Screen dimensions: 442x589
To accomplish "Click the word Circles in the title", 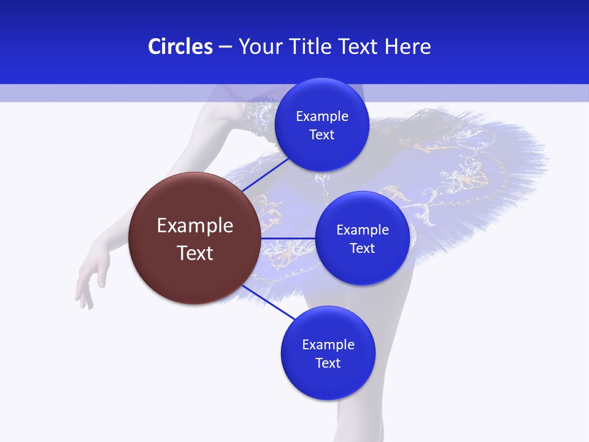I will [180, 47].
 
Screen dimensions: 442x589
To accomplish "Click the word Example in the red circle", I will [195, 226].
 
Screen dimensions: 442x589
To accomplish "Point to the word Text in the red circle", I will [195, 253].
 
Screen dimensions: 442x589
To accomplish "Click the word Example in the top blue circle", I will [322, 117].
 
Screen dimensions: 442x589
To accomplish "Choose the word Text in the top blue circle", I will [321, 135].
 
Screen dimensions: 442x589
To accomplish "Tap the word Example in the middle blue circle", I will [363, 230].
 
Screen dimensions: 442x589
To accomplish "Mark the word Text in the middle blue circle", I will [362, 249].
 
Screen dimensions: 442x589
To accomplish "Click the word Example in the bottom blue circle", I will [328, 345].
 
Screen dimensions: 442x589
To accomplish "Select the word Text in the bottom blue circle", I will [328, 363].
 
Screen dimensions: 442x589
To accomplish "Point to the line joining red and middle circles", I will [288, 238].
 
